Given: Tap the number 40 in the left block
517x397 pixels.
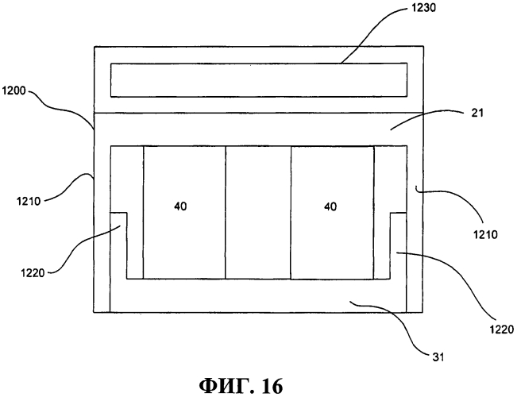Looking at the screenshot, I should (182, 206).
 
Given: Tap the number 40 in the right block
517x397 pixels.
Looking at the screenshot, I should (330, 206).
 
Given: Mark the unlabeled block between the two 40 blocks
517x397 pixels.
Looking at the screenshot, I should (258, 212).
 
